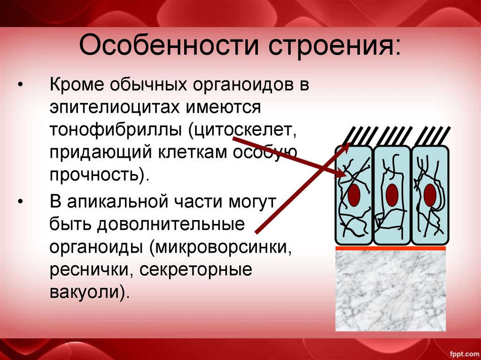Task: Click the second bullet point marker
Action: (x=20, y=202)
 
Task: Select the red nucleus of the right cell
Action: (x=429, y=194)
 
